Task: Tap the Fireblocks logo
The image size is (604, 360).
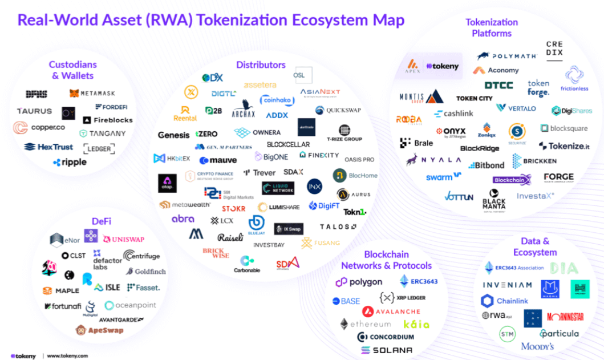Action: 108,120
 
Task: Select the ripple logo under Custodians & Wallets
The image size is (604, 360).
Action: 70,162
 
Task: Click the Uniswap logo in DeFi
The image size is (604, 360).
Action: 123,238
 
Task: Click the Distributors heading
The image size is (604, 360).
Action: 261,64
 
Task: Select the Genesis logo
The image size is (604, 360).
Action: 173,135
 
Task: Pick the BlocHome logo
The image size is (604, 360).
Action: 355,175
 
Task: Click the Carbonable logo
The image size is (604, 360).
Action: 247,264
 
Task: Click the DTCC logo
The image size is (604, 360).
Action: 498,85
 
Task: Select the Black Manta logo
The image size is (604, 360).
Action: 494,203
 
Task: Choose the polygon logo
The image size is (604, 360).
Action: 359,282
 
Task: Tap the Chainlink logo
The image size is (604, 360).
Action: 504,301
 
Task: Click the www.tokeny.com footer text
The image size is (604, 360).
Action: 67,355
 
